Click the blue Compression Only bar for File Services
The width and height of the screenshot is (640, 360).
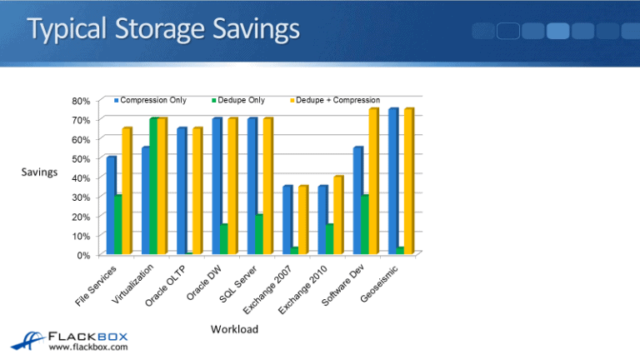tap(111, 204)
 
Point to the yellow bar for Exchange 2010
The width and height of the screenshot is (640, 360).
tap(338, 214)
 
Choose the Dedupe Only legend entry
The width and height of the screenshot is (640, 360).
tap(241, 100)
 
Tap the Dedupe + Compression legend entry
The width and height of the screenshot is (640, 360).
tap(337, 100)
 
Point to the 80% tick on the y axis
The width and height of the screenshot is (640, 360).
tap(81, 101)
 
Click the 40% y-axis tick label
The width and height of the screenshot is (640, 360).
tap(81, 177)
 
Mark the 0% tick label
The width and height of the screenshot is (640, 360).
tap(83, 255)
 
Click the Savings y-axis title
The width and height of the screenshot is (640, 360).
tap(39, 172)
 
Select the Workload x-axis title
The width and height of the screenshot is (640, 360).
tap(235, 329)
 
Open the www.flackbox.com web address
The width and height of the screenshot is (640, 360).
tap(88, 347)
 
